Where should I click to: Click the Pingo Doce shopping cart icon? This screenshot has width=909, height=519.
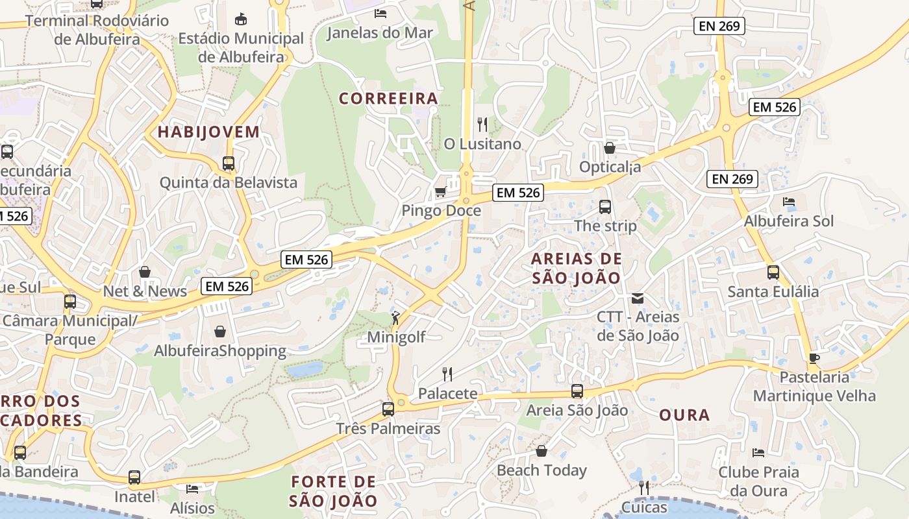[440, 191]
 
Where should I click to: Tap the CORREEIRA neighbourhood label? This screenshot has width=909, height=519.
[388, 99]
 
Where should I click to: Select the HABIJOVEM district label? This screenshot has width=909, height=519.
[208, 132]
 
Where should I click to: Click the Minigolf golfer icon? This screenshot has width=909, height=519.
[395, 318]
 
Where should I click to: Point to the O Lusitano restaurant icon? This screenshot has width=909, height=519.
[482, 124]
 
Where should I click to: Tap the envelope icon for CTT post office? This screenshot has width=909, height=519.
[638, 298]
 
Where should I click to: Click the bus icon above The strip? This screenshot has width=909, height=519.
[605, 207]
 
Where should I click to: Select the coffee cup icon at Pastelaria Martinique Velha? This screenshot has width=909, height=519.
[814, 357]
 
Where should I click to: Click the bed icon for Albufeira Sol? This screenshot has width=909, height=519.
[789, 202]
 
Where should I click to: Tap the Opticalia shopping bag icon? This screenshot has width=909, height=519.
[609, 148]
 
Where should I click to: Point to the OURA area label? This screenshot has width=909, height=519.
[684, 415]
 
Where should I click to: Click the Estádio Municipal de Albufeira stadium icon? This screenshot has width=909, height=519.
[241, 19]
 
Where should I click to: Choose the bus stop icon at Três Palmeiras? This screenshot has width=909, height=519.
[388, 409]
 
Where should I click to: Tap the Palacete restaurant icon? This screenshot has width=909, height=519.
[447, 374]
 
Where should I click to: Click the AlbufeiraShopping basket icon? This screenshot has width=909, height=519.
[220, 332]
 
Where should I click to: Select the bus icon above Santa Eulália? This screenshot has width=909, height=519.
[773, 272]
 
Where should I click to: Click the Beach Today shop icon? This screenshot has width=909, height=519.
[542, 451]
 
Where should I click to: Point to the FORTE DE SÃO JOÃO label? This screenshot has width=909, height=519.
[333, 491]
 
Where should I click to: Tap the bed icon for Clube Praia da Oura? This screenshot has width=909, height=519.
[758, 452]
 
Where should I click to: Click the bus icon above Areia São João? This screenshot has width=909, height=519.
[577, 391]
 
